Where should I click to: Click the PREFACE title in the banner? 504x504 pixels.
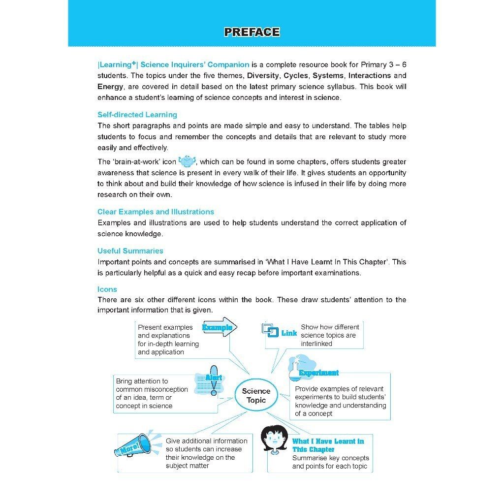pos(252,32)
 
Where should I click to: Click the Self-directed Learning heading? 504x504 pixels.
pos(137,115)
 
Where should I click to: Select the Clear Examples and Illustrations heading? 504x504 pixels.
pos(156,212)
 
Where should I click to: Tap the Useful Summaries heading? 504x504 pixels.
pos(130,251)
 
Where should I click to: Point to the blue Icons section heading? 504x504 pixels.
pos(107,289)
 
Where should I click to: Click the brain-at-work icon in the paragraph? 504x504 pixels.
pos(187,161)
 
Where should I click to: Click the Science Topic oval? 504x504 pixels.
pos(256,396)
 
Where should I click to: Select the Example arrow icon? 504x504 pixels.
pos(220,327)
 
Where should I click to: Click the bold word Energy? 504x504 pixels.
pos(110,87)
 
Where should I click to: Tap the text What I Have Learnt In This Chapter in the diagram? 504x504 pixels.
pos(328,445)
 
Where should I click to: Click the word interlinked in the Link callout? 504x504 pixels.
pos(316,344)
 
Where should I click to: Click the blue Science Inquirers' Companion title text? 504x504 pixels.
pos(195,65)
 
